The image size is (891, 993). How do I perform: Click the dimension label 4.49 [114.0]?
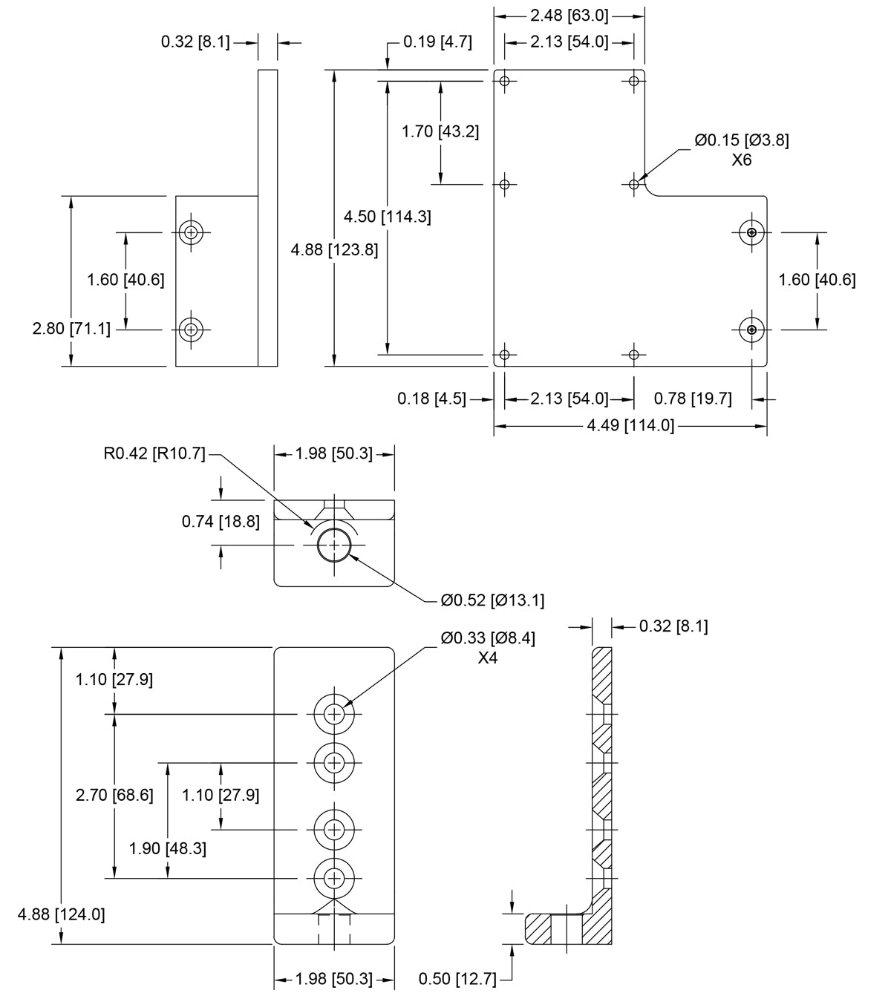[630, 426]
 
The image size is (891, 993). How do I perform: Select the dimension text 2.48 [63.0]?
[569, 15]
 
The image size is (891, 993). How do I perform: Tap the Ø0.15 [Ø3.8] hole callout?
[742, 140]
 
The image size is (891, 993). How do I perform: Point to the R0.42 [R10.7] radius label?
[154, 453]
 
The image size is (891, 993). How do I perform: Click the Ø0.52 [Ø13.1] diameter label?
[492, 600]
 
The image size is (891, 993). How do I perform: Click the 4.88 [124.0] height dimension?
[62, 914]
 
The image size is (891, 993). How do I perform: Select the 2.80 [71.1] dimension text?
[72, 328]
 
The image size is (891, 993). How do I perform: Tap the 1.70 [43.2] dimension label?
[440, 131]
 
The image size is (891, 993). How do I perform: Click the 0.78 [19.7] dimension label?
[693, 399]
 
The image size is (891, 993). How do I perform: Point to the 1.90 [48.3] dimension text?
[167, 848]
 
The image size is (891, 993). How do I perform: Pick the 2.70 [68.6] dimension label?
[114, 795]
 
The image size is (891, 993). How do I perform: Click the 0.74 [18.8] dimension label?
[221, 522]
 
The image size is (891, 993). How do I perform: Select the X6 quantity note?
[742, 160]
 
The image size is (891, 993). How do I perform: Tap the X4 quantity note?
[487, 658]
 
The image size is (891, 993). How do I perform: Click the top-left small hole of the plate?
[505, 81]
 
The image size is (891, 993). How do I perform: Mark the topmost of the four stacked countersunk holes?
[334, 714]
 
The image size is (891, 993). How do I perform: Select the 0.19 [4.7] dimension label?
[437, 42]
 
